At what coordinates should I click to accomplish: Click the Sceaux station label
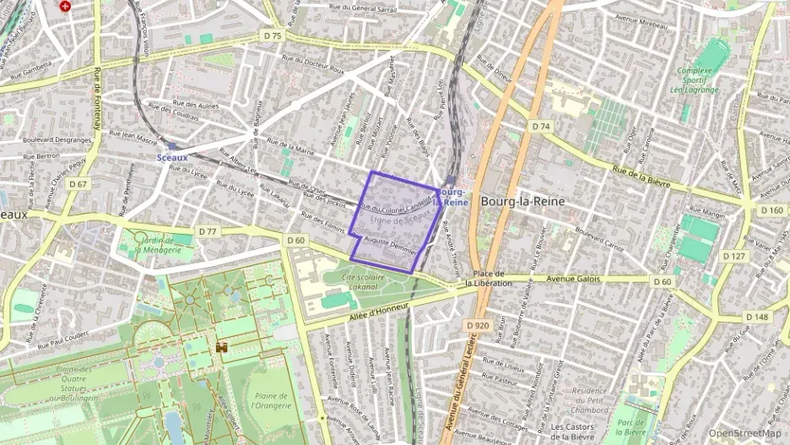pyautogui.click(x=172, y=156)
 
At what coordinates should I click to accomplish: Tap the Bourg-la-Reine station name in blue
pyautogui.click(x=451, y=197)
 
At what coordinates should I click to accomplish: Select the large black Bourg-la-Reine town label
pyautogui.click(x=522, y=202)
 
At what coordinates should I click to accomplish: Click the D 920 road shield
pyautogui.click(x=477, y=324)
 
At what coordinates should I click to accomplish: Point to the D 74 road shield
pyautogui.click(x=541, y=126)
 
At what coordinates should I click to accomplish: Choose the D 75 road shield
pyautogui.click(x=272, y=36)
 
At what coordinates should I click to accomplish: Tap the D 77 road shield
pyautogui.click(x=208, y=231)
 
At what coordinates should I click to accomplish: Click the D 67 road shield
pyautogui.click(x=78, y=183)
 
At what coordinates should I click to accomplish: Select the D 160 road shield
pyautogui.click(x=771, y=210)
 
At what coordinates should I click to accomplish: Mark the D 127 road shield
pyautogui.click(x=734, y=256)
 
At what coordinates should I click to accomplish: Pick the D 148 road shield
pyautogui.click(x=757, y=317)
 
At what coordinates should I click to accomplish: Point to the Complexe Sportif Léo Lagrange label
pyautogui.click(x=695, y=79)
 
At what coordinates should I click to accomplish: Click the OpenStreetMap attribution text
pyautogui.click(x=744, y=433)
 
